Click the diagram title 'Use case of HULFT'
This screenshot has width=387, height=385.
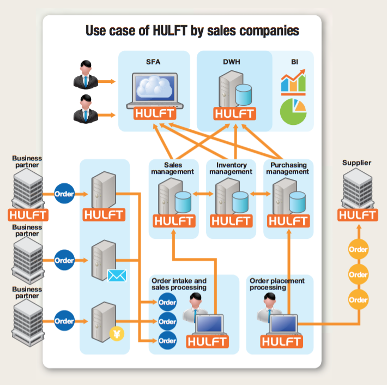[192, 30]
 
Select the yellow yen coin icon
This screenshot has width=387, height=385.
[117, 333]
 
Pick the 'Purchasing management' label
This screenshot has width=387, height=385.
[288, 168]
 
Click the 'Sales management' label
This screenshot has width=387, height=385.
[173, 168]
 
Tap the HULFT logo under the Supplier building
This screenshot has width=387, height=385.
[358, 214]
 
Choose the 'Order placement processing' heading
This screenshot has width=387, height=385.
[277, 284]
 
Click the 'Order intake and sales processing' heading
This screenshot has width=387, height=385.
[179, 284]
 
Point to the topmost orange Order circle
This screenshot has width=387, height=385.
[358, 250]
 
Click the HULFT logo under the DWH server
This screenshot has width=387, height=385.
[234, 113]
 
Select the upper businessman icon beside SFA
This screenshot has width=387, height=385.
[85, 75]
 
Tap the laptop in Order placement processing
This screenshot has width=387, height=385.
[283, 325]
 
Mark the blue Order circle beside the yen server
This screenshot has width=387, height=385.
[64, 321]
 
